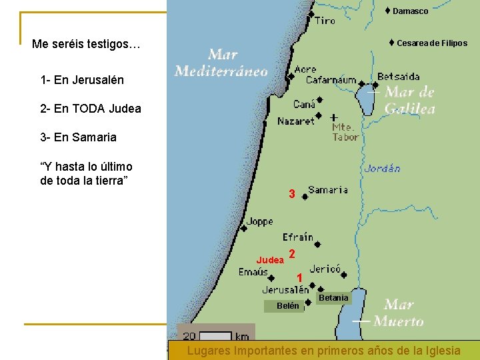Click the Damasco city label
[410, 11]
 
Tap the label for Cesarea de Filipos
[431, 43]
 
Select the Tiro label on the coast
[325, 21]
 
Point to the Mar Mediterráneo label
[221, 62]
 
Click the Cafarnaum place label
[331, 80]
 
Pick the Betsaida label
[399, 77]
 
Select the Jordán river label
[382, 169]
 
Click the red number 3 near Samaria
[291, 194]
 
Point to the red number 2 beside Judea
[292, 253]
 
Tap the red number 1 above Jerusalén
[300, 277]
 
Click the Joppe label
[259, 222]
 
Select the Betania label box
[333, 297]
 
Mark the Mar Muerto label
[398, 313]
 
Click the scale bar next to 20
[215, 336]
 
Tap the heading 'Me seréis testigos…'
[86, 45]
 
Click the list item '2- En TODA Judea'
[91, 109]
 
